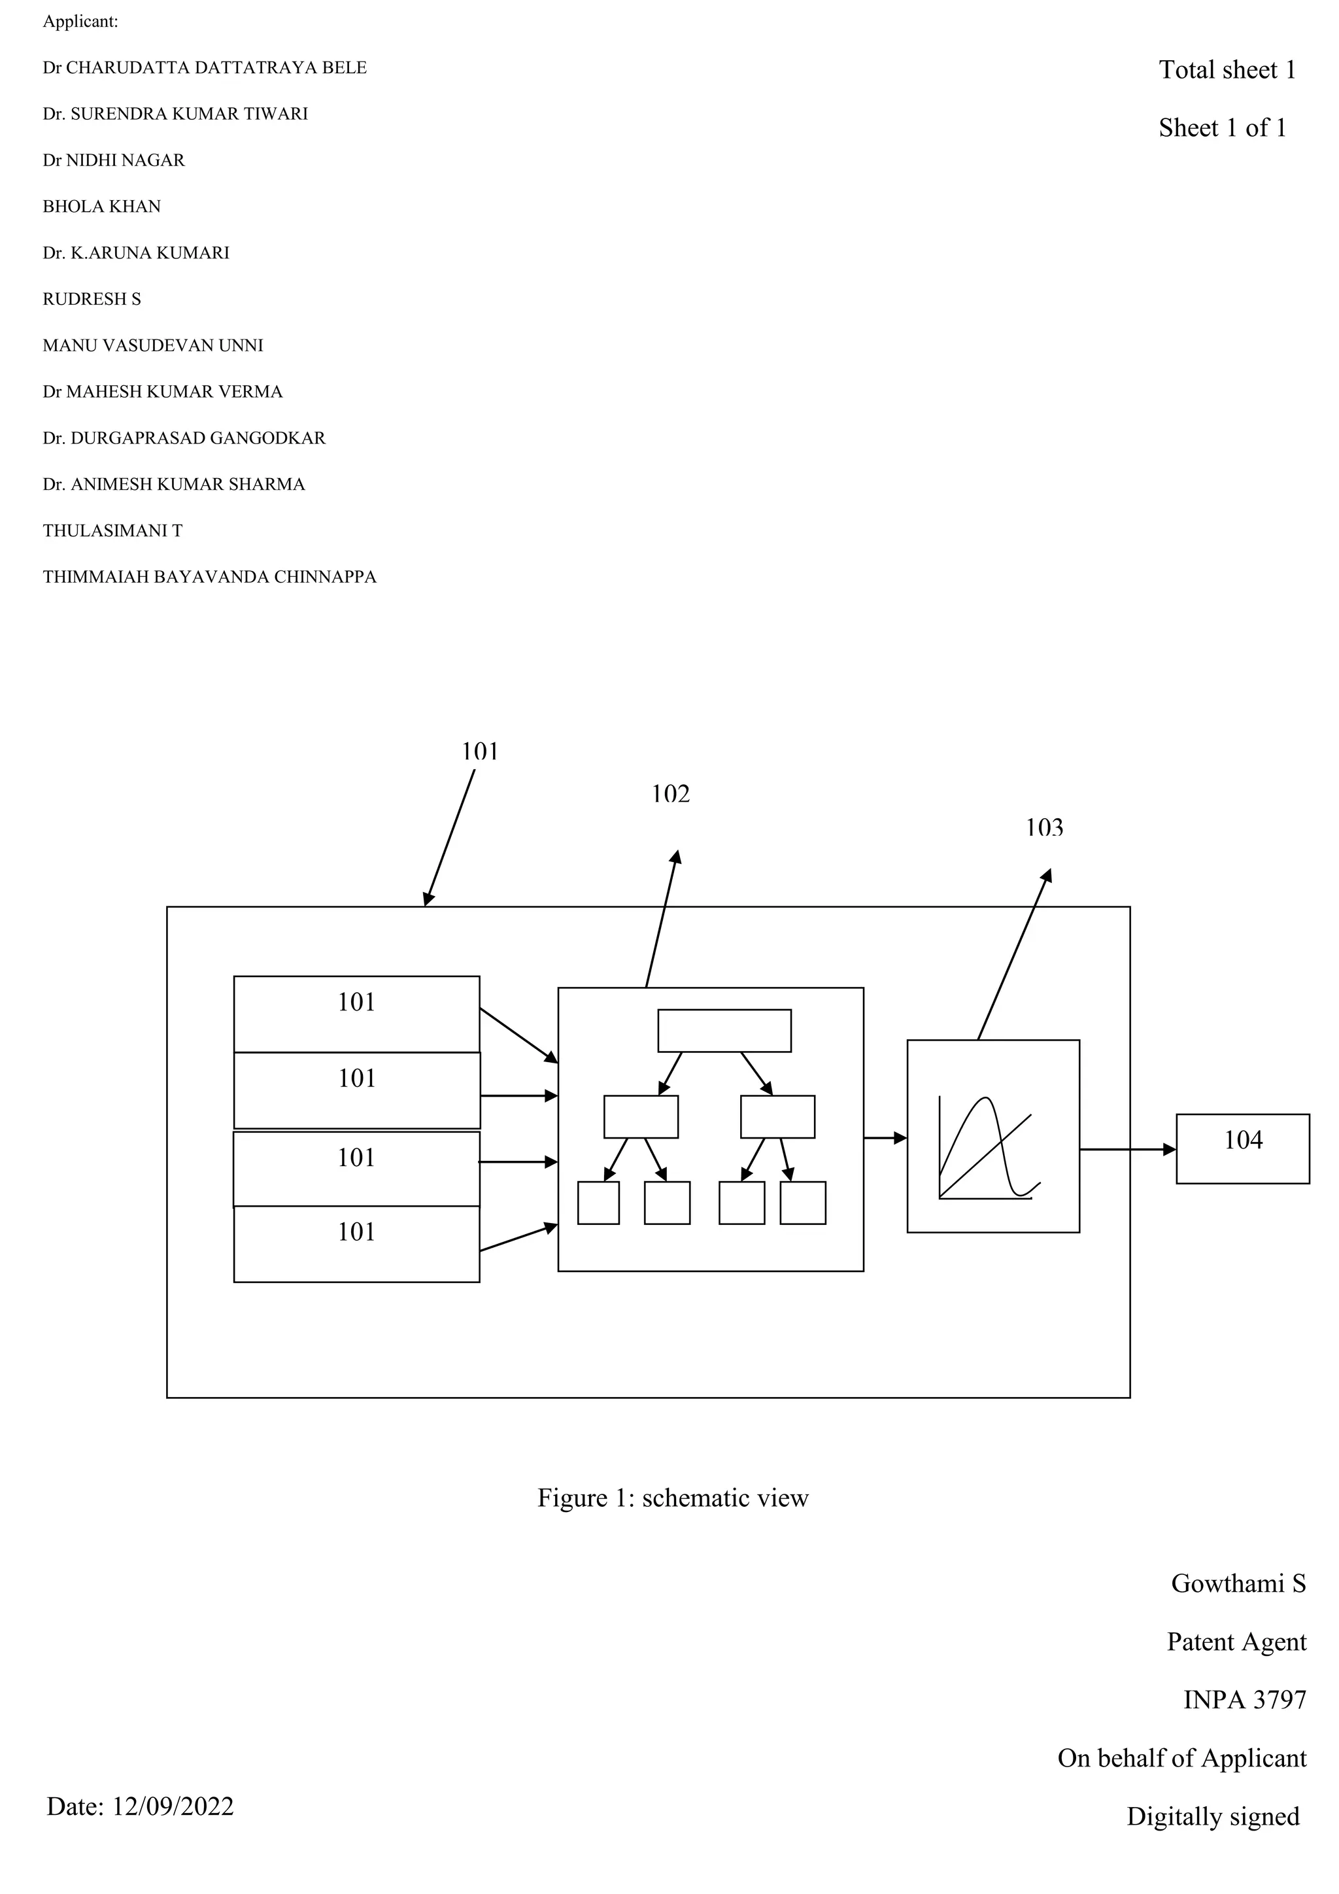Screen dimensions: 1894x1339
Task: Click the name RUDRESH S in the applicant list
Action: [x=92, y=300]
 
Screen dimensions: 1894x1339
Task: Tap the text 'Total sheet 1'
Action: [x=1227, y=70]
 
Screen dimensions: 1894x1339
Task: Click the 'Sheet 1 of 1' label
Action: [x=1222, y=128]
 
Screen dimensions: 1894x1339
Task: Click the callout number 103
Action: [x=1044, y=827]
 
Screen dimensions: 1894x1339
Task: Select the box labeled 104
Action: [x=1242, y=1148]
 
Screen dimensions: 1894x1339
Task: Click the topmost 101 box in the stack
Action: [x=356, y=1014]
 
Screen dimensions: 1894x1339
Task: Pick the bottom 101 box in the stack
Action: [x=356, y=1243]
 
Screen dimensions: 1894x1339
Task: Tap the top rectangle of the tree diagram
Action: [x=724, y=1030]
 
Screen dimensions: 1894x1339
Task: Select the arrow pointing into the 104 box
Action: [x=1127, y=1149]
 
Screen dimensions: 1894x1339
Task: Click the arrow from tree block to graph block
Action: [x=885, y=1139]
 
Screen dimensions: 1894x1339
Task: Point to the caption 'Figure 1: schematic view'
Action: [x=673, y=1497]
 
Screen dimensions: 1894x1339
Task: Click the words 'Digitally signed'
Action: [x=1212, y=1816]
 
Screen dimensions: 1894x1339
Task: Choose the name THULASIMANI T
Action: [x=112, y=531]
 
